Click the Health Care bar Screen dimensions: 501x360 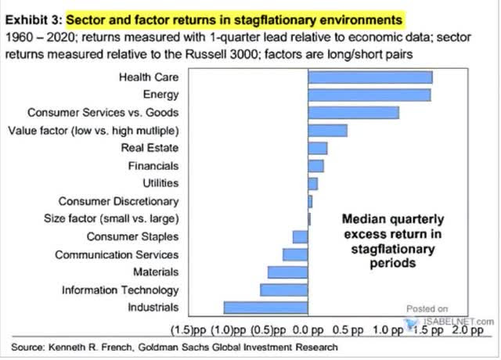point(370,77)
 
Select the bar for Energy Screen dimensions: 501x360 point(369,95)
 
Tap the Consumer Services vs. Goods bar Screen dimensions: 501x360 point(354,113)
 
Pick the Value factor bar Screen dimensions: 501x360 point(328,131)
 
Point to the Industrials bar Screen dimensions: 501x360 point(266,308)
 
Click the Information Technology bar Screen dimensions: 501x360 point(284,290)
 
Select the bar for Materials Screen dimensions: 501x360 point(288,272)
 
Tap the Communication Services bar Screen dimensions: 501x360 point(296,254)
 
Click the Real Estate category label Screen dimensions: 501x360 point(150,148)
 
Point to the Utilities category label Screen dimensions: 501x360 point(160,183)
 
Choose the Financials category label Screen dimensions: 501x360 point(153,166)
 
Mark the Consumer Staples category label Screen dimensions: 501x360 point(132,236)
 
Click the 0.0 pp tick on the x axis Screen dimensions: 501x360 point(308,330)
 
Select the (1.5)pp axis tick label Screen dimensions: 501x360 point(189,330)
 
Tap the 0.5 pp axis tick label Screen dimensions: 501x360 point(348,330)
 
